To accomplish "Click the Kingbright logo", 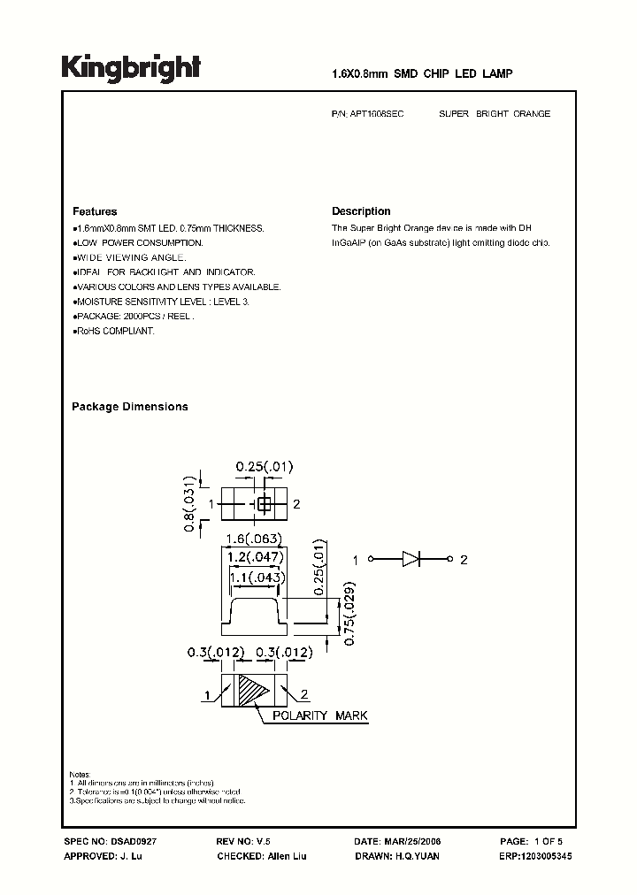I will [x=131, y=68].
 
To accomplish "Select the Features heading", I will [x=95, y=211].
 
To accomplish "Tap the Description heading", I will [x=361, y=211].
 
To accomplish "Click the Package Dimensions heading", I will [x=129, y=407].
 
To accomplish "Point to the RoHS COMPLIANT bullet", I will [x=114, y=331].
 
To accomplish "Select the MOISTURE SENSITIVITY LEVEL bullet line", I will [x=162, y=302].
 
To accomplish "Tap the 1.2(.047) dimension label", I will [x=255, y=557].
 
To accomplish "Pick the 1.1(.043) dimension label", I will [x=255, y=578].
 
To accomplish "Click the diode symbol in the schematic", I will [x=413, y=559].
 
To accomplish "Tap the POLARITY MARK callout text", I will [x=319, y=715].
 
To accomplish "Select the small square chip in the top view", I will [x=263, y=504].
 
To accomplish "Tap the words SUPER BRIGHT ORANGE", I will [x=494, y=114].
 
